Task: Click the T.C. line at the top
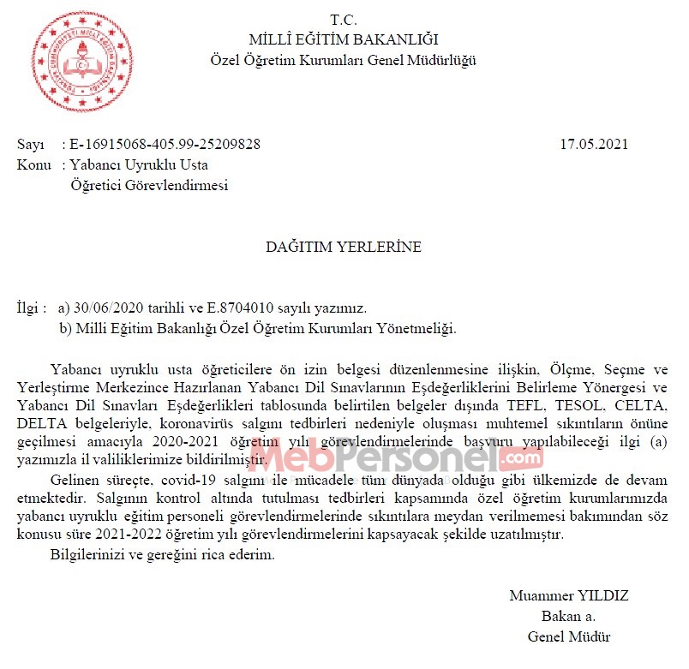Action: click(x=343, y=20)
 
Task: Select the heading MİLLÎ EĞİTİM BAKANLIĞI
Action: click(x=343, y=39)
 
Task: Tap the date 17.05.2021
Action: click(x=594, y=144)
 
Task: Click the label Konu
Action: click(x=33, y=164)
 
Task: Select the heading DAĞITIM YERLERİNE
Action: click(x=343, y=247)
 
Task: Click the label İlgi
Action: click(x=27, y=307)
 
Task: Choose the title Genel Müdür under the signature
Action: click(x=569, y=636)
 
